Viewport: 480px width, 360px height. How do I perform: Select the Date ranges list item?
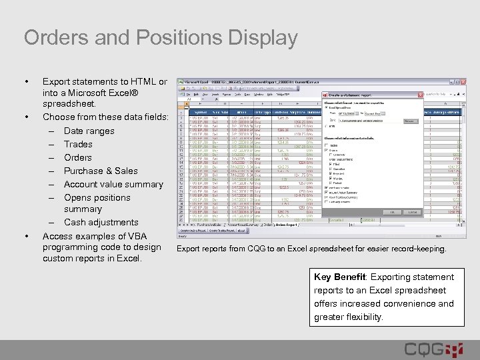(x=89, y=131)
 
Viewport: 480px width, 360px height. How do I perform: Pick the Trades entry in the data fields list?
(x=78, y=144)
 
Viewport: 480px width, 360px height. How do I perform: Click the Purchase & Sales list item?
(x=101, y=171)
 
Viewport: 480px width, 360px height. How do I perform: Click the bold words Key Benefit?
(x=341, y=277)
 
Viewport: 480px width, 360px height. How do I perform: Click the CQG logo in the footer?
(x=433, y=349)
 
